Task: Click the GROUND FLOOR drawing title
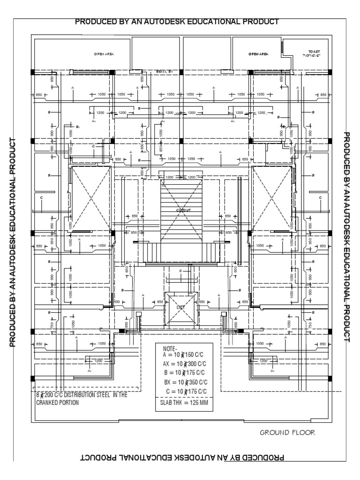point(287,433)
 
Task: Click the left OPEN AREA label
point(104,54)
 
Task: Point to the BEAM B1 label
point(165,71)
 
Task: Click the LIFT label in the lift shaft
point(180,307)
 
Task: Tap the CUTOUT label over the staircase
point(183,210)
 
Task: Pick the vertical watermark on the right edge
point(347,237)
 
